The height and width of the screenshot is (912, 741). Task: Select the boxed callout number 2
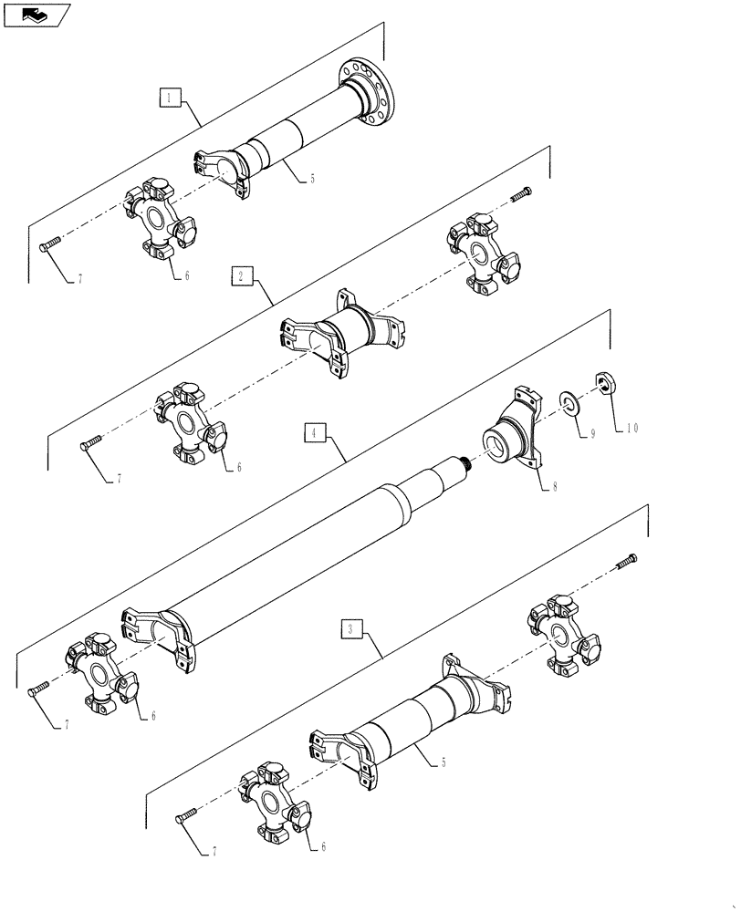click(239, 275)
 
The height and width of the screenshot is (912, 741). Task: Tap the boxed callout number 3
click(351, 628)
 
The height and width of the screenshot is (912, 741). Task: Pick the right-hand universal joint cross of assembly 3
click(564, 632)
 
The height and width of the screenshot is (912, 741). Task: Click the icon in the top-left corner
click(37, 15)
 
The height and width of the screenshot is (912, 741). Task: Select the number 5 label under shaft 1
click(311, 179)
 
